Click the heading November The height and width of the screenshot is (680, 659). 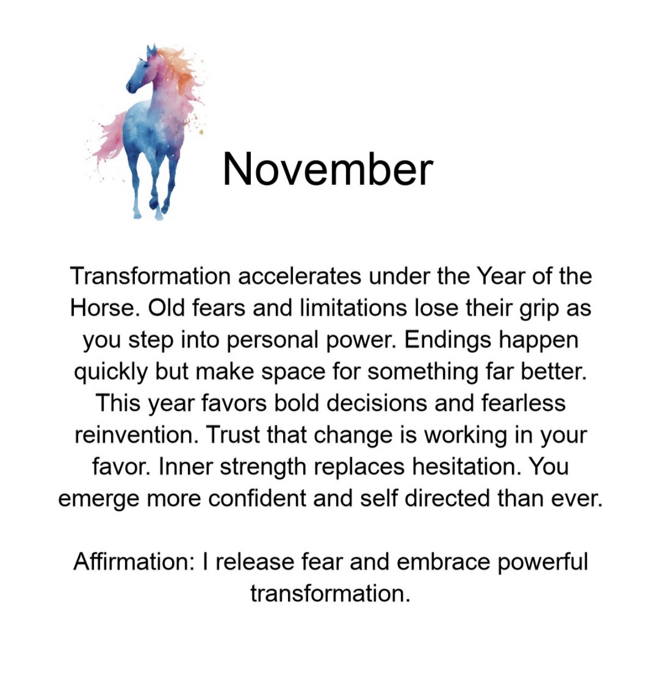[x=327, y=169]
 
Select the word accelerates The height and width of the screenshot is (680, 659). [x=299, y=276]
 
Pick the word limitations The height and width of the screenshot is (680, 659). [x=353, y=308]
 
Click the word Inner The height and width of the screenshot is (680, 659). [x=186, y=467]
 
